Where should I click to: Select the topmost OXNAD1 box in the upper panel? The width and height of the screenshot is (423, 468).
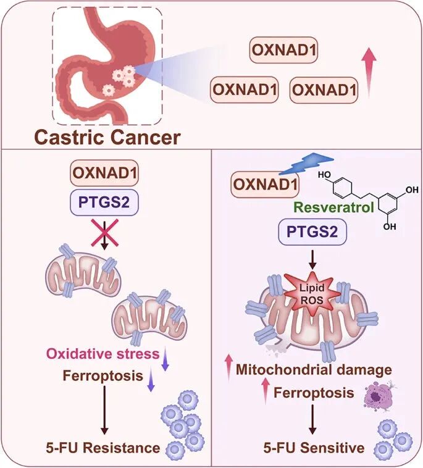(x=285, y=51)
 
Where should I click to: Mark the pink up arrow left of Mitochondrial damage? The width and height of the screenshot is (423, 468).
(x=227, y=367)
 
